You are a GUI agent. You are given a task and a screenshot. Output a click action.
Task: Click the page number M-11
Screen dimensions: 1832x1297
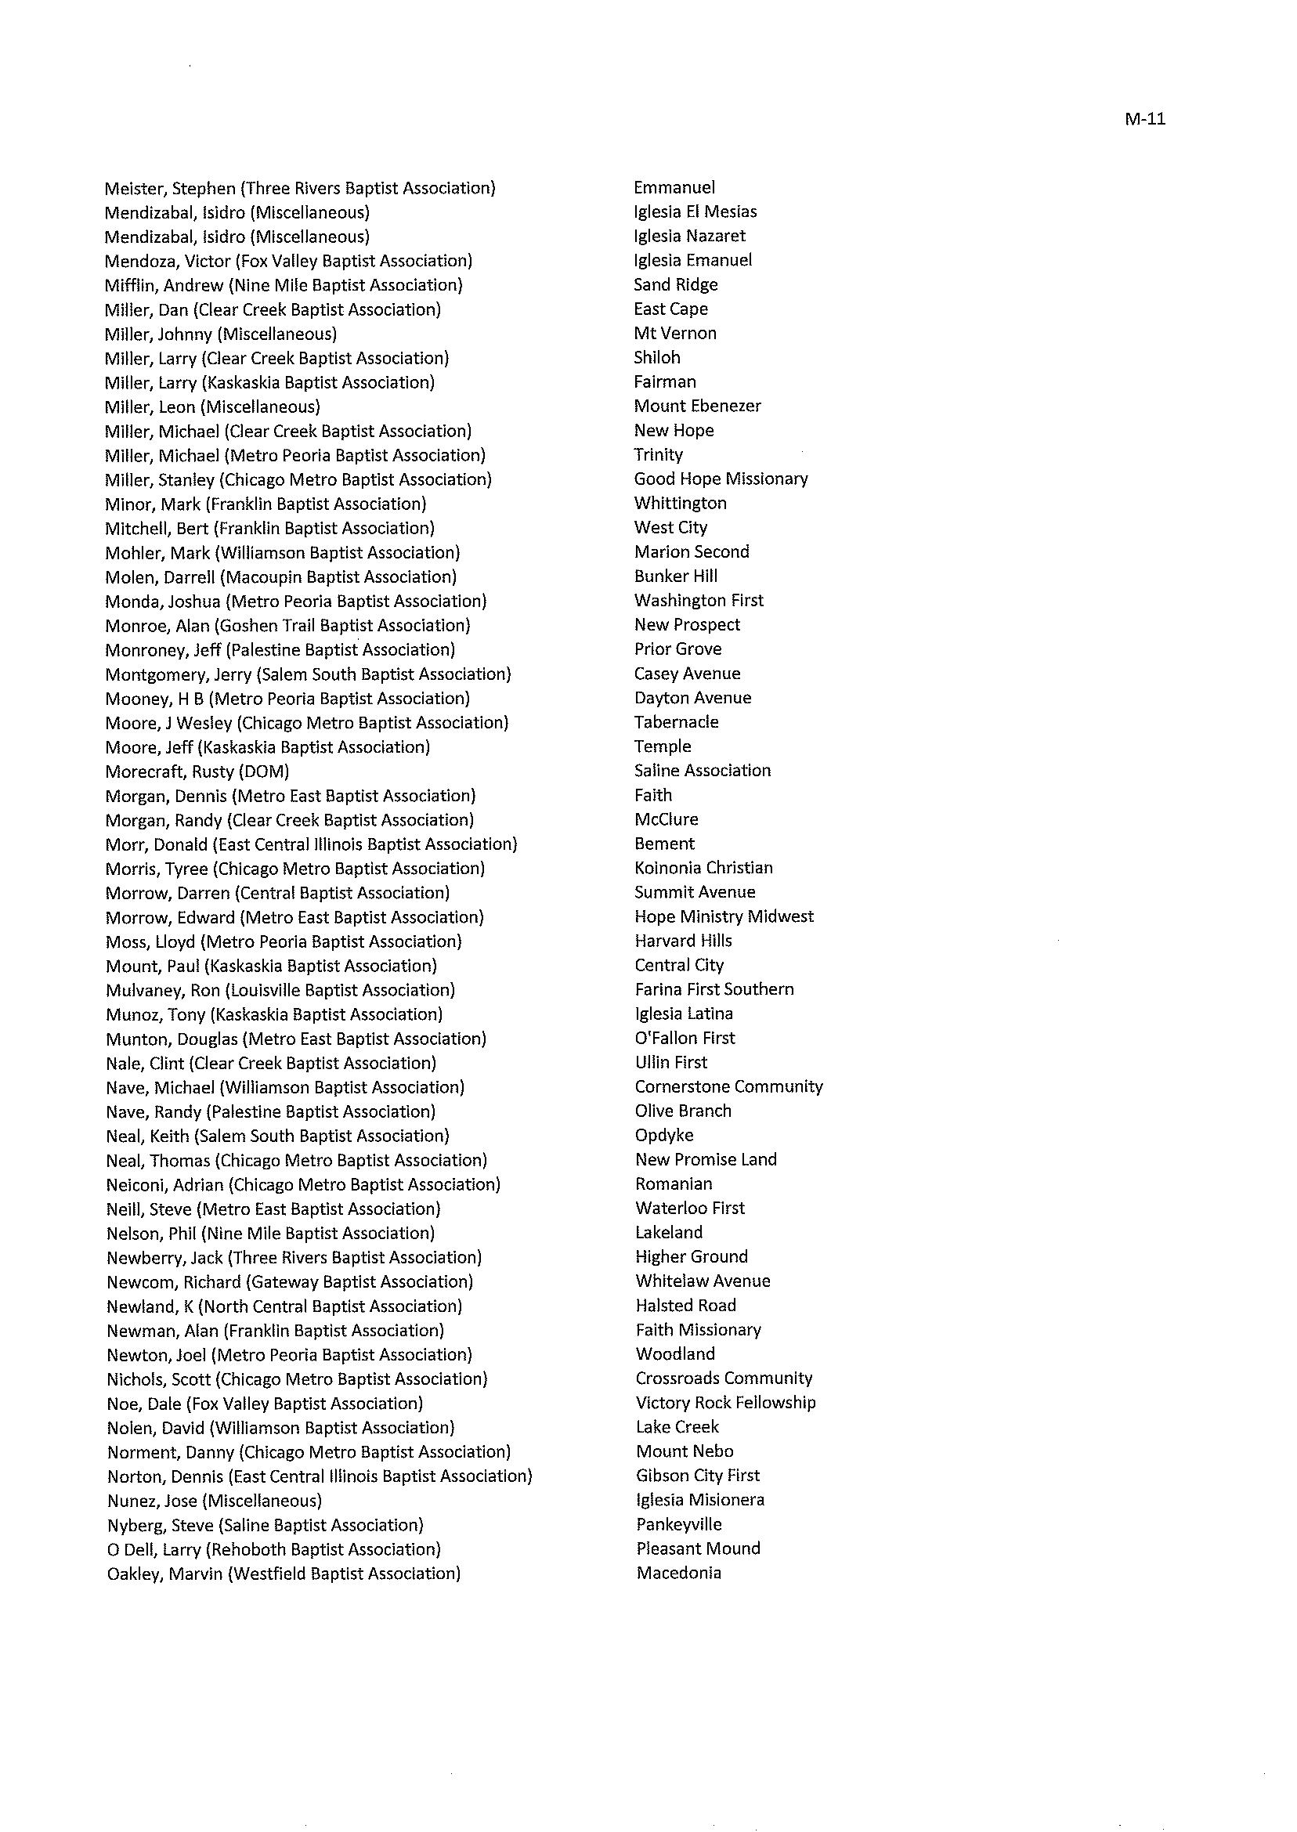1144,120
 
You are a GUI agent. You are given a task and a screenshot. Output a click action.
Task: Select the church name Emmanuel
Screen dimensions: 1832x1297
674,188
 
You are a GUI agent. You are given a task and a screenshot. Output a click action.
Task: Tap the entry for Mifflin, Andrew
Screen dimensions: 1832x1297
284,285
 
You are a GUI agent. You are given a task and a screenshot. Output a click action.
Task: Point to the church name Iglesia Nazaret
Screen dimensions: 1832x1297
689,237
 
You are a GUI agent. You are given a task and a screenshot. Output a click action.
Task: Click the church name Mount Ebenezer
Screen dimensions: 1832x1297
697,406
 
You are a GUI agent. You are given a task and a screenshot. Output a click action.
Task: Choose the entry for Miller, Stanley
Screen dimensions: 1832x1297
298,480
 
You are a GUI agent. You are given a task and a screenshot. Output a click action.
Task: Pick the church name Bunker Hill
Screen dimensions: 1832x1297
676,576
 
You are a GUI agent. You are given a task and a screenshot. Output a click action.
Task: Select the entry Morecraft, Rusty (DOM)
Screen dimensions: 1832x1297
197,771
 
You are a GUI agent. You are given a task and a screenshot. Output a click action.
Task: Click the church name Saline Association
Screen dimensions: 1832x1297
702,771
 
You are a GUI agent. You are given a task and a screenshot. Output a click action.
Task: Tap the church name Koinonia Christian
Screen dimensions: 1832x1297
703,868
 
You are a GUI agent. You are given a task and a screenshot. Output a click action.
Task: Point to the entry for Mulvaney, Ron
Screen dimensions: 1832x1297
280,990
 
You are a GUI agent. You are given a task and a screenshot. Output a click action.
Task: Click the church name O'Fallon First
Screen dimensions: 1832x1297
685,1039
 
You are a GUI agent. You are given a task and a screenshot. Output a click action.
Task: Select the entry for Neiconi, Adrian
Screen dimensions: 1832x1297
303,1184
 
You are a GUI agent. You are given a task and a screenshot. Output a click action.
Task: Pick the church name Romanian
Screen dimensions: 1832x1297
674,1184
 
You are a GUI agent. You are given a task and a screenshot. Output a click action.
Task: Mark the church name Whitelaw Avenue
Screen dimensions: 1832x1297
703,1281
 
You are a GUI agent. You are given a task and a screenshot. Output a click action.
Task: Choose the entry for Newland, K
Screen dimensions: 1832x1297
284,1306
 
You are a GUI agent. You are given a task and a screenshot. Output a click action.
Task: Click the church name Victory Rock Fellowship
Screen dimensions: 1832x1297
725,1403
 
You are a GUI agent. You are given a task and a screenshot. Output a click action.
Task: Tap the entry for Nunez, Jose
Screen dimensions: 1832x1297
214,1501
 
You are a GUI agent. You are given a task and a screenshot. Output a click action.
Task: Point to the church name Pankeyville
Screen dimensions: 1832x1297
679,1524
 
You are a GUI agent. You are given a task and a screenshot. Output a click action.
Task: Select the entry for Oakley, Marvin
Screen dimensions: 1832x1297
284,1574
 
